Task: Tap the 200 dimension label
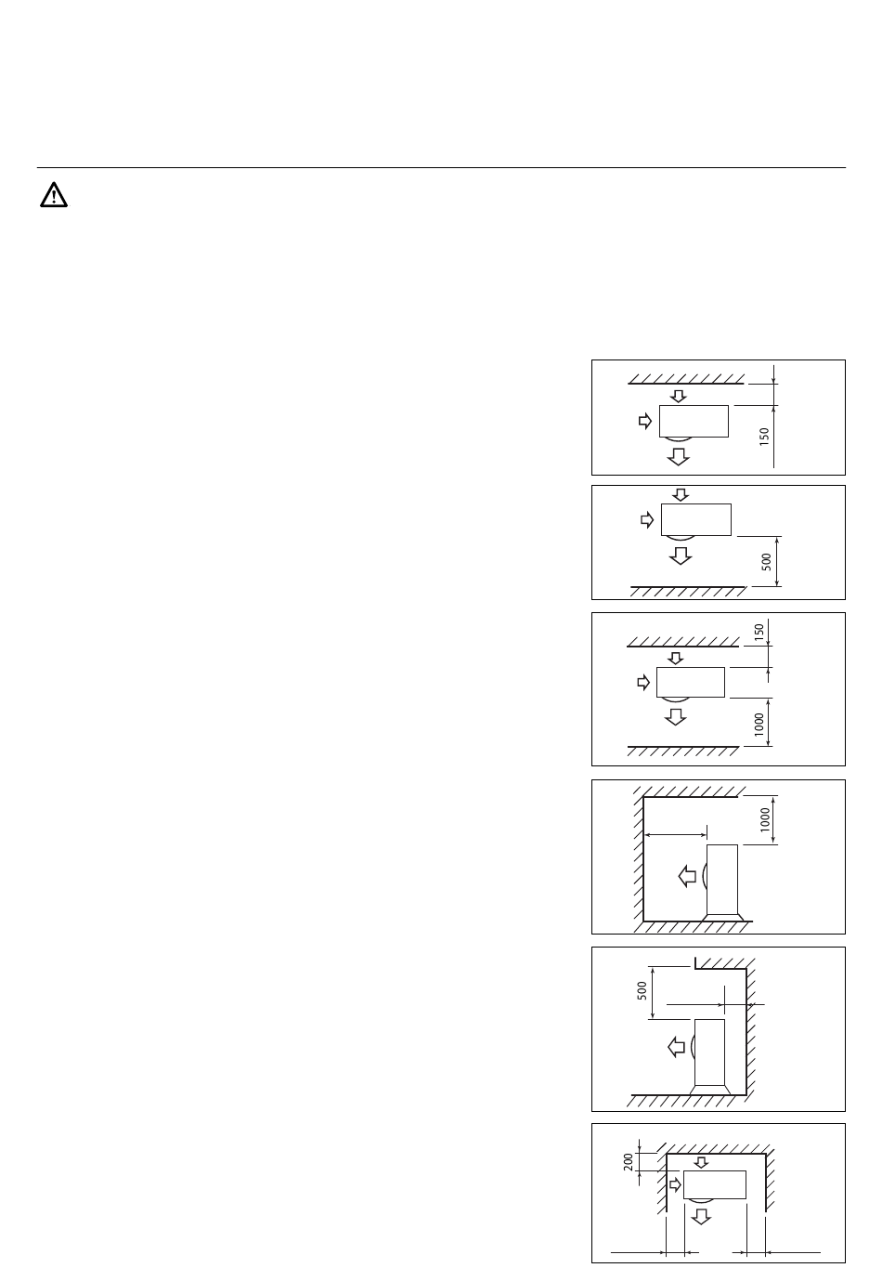click(629, 1161)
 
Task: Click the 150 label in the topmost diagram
click(764, 437)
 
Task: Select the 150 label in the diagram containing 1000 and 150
click(759, 633)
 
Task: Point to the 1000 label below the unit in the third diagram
click(759, 725)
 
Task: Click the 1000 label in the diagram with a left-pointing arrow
click(766, 819)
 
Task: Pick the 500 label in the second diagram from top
click(767, 562)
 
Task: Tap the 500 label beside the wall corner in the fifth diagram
click(642, 990)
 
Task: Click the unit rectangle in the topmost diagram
click(694, 422)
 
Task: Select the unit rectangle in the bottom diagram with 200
click(715, 1184)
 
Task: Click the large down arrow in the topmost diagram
click(679, 456)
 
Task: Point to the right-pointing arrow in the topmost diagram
click(645, 422)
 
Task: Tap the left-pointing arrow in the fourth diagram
click(688, 876)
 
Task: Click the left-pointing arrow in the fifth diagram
click(677, 1047)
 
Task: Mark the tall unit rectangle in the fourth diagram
click(722, 880)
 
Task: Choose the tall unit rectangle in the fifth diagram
click(709, 1052)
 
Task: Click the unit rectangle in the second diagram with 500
click(696, 520)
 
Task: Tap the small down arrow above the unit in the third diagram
click(676, 658)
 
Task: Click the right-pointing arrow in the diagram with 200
click(676, 1185)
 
